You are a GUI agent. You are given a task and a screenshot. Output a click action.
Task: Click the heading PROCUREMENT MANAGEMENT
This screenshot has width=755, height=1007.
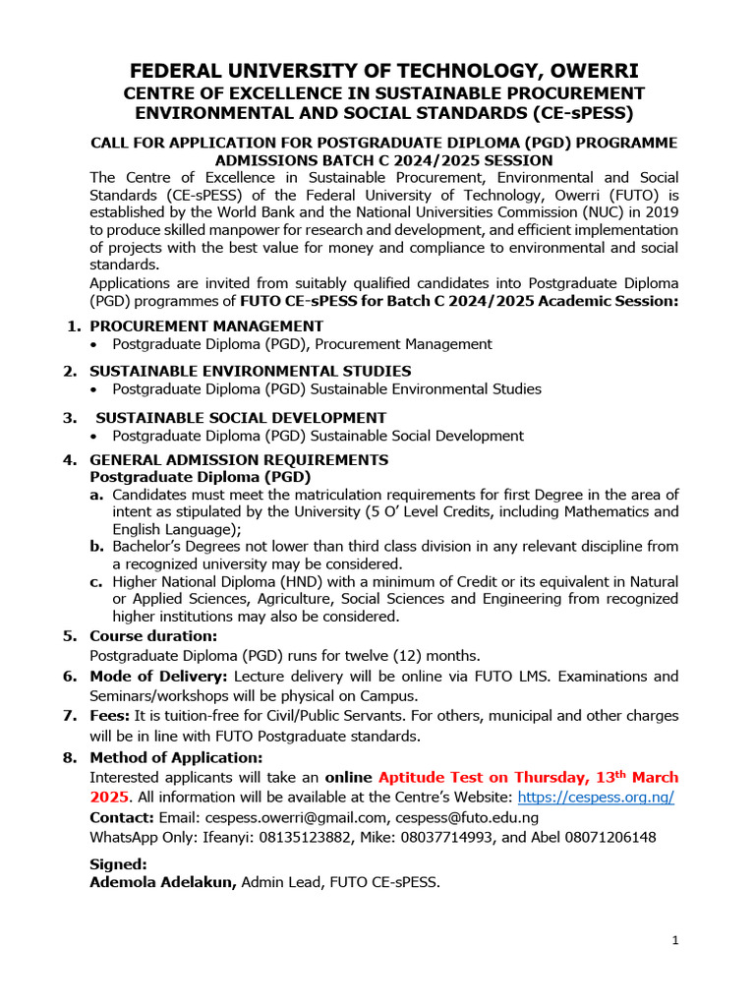[206, 326]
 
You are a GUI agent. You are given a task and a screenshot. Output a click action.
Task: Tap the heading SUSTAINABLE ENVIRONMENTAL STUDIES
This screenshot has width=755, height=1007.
[251, 371]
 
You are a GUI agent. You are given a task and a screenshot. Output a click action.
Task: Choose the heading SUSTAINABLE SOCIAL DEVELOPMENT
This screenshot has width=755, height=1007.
[241, 417]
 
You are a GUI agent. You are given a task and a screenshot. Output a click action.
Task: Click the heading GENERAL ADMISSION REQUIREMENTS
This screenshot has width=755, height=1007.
[239, 459]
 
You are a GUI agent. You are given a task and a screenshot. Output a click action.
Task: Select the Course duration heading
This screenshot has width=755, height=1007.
[153, 635]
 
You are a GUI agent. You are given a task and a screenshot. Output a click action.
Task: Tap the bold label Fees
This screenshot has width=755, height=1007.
[110, 716]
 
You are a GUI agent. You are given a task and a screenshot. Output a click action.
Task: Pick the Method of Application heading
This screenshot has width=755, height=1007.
[176, 757]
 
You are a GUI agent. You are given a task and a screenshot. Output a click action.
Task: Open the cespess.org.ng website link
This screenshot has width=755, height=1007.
[596, 798]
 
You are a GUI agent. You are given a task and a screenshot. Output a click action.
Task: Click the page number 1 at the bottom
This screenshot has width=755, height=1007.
[675, 941]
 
